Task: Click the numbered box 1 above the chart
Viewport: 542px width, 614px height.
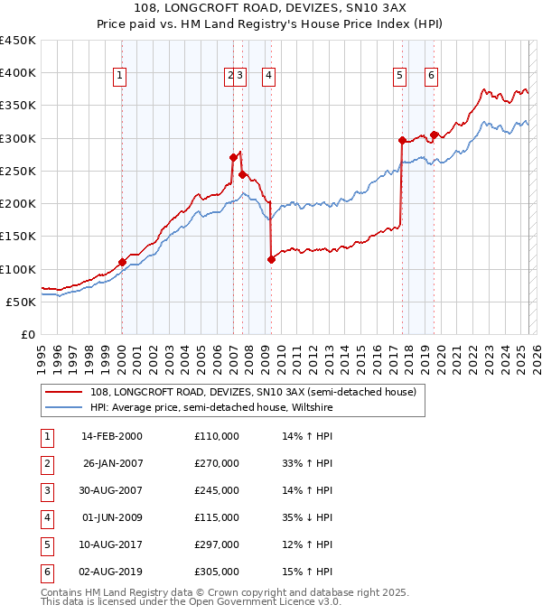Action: (x=120, y=77)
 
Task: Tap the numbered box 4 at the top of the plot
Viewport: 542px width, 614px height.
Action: (x=269, y=77)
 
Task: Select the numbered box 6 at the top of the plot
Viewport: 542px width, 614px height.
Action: (x=432, y=77)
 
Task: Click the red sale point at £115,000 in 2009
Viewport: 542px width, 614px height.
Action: (x=271, y=260)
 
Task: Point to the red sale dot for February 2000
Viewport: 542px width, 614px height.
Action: (x=122, y=263)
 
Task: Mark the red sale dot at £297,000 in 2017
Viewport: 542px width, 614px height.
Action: (x=402, y=140)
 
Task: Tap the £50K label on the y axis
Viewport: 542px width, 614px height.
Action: (x=21, y=302)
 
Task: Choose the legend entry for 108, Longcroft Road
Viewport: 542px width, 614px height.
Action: (x=253, y=392)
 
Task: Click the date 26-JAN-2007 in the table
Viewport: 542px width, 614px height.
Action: (x=112, y=463)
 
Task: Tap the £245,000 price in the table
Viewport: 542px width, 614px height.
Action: (x=217, y=491)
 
